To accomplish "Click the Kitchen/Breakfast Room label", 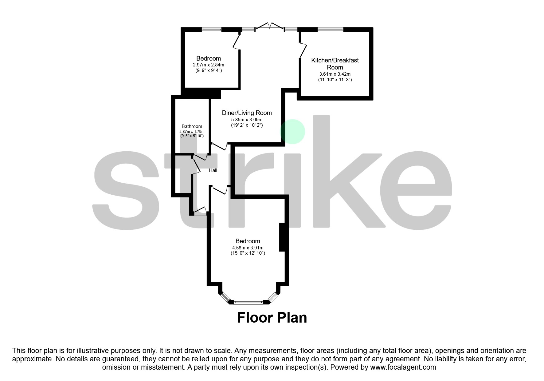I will click(335, 64).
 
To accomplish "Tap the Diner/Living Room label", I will click(247, 113).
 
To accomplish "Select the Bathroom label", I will click(192, 126).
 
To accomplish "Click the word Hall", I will click(213, 170).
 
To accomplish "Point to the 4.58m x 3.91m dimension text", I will click(248, 248).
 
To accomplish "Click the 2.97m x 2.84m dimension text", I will click(208, 65).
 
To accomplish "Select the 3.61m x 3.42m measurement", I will click(335, 74).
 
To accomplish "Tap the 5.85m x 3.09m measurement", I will click(247, 120).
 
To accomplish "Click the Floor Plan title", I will click(272, 318).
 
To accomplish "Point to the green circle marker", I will click(293, 132).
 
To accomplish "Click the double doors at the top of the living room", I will click(269, 26).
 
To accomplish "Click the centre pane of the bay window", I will click(248, 302).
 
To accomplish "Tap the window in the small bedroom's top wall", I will click(212, 30).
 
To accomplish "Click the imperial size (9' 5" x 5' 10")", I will click(192, 136).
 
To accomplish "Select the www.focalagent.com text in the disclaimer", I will click(403, 367).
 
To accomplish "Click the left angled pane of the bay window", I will click(225, 297).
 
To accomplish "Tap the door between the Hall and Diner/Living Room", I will click(220, 146).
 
